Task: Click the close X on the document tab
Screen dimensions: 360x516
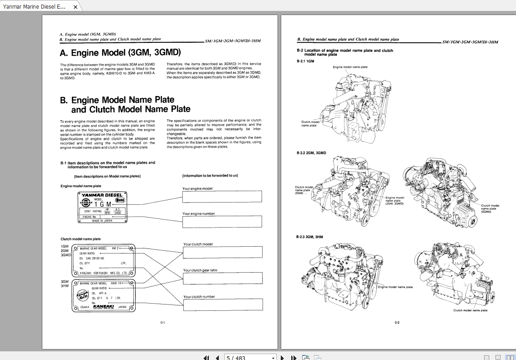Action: [x=76, y=7]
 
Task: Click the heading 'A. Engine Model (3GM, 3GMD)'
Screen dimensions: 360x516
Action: [x=120, y=52]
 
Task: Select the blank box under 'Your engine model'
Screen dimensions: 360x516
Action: [x=222, y=197]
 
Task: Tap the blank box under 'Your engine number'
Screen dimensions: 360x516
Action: [x=222, y=222]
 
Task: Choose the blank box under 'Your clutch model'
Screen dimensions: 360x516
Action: [x=223, y=252]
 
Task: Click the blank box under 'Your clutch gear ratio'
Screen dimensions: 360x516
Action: [x=223, y=278]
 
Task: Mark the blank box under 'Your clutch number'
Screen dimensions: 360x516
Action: [x=223, y=304]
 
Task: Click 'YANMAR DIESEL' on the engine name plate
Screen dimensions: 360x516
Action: [x=101, y=195]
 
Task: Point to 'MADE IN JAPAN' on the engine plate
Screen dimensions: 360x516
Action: [x=102, y=221]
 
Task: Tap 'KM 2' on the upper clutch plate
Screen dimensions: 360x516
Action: [x=115, y=248]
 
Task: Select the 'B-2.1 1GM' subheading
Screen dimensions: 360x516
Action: [x=305, y=61]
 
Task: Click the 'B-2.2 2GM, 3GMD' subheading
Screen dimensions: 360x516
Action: [x=311, y=153]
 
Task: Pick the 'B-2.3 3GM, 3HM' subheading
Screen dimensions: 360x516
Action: [x=310, y=237]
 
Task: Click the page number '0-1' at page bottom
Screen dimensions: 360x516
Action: [x=162, y=323]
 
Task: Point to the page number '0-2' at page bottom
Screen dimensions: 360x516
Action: [x=397, y=323]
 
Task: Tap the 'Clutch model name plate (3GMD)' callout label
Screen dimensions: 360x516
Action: [x=490, y=208]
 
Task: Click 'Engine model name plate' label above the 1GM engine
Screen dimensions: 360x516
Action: [x=350, y=67]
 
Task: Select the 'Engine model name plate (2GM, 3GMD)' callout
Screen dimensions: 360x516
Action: [x=395, y=201]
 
